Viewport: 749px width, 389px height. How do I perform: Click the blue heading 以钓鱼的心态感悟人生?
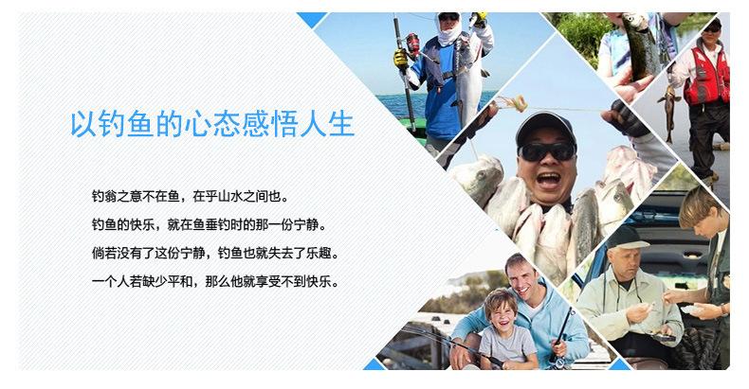212,124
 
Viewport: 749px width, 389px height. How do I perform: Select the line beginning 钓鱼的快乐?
210,224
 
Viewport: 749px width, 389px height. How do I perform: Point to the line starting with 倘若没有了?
216,253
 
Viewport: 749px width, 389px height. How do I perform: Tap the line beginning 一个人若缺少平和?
216,282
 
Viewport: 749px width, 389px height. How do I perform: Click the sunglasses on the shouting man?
547,151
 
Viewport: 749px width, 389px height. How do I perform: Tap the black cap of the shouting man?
545,128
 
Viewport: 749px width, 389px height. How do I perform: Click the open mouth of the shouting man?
548,180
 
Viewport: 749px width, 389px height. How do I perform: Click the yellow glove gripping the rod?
400,59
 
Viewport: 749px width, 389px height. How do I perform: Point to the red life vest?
707,80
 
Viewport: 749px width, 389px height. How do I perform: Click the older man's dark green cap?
626,239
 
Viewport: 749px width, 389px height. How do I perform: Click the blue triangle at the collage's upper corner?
311,18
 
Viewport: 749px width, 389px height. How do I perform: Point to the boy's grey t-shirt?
506,345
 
